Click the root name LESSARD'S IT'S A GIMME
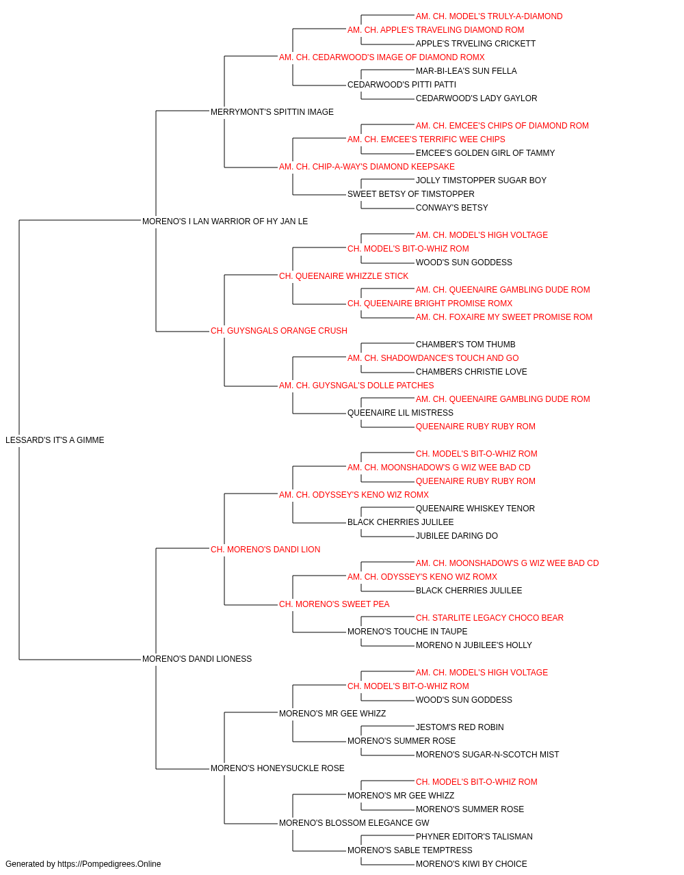(55, 440)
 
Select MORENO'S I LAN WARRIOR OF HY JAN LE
(225, 221)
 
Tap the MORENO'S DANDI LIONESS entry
(197, 659)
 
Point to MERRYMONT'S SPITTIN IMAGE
(272, 112)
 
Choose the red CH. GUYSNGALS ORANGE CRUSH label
(279, 331)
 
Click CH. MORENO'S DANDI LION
(265, 550)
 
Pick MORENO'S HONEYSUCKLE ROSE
(278, 768)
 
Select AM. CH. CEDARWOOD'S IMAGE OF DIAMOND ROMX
(382, 57)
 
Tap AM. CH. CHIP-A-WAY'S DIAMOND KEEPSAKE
(367, 167)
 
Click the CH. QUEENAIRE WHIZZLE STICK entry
(343, 276)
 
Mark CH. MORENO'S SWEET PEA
(334, 604)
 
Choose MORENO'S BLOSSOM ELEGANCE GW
(354, 823)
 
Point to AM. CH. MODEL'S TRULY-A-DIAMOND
(489, 16)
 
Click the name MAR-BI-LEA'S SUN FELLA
(466, 71)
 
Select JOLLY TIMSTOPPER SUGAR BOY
(481, 180)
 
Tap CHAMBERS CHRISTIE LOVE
(471, 372)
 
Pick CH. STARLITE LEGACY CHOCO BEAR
(490, 618)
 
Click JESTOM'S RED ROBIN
(460, 727)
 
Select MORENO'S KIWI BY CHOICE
(471, 864)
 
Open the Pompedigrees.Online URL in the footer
(109, 864)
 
